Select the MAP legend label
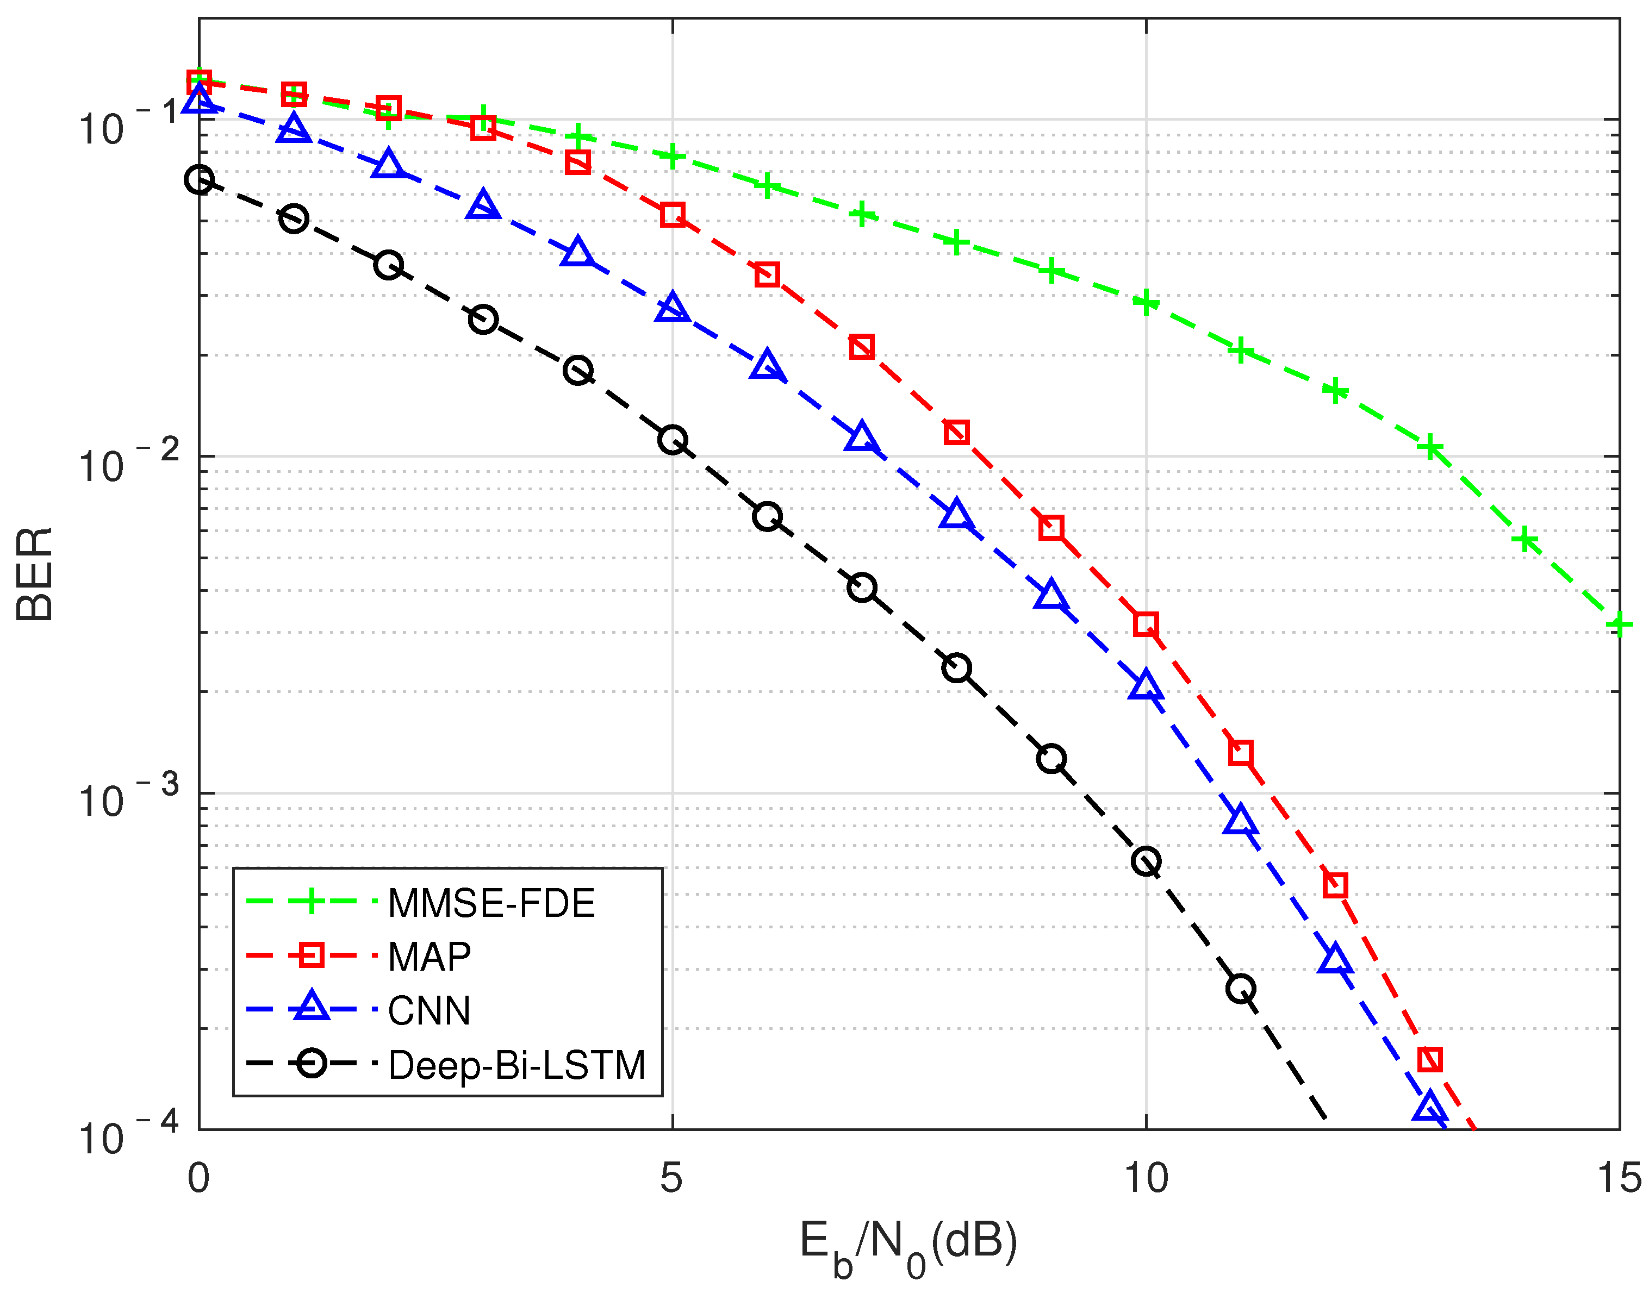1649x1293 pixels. tap(430, 957)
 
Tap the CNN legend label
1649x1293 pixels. tap(430, 1010)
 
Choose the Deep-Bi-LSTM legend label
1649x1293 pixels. tap(517, 1065)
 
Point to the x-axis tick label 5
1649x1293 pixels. tap(671, 1177)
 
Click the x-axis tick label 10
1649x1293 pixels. tap(1146, 1177)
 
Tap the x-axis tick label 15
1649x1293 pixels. tap(1619, 1177)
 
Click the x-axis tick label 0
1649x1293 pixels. tap(198, 1177)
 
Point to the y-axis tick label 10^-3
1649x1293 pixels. tap(129, 798)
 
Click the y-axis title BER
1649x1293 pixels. tap(35, 574)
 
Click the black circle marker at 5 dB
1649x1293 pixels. tap(673, 440)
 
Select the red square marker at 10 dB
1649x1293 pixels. tap(1146, 624)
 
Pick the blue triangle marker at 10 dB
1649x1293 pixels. tap(1146, 686)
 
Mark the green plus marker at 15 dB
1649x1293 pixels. tap(1619, 624)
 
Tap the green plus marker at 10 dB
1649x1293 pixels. tap(1146, 302)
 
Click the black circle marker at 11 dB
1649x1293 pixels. tap(1240, 988)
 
